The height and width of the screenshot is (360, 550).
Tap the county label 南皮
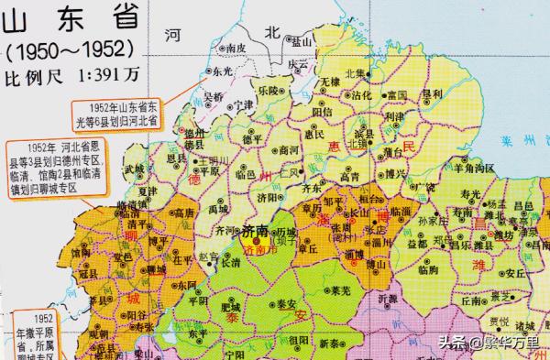coord(236,48)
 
